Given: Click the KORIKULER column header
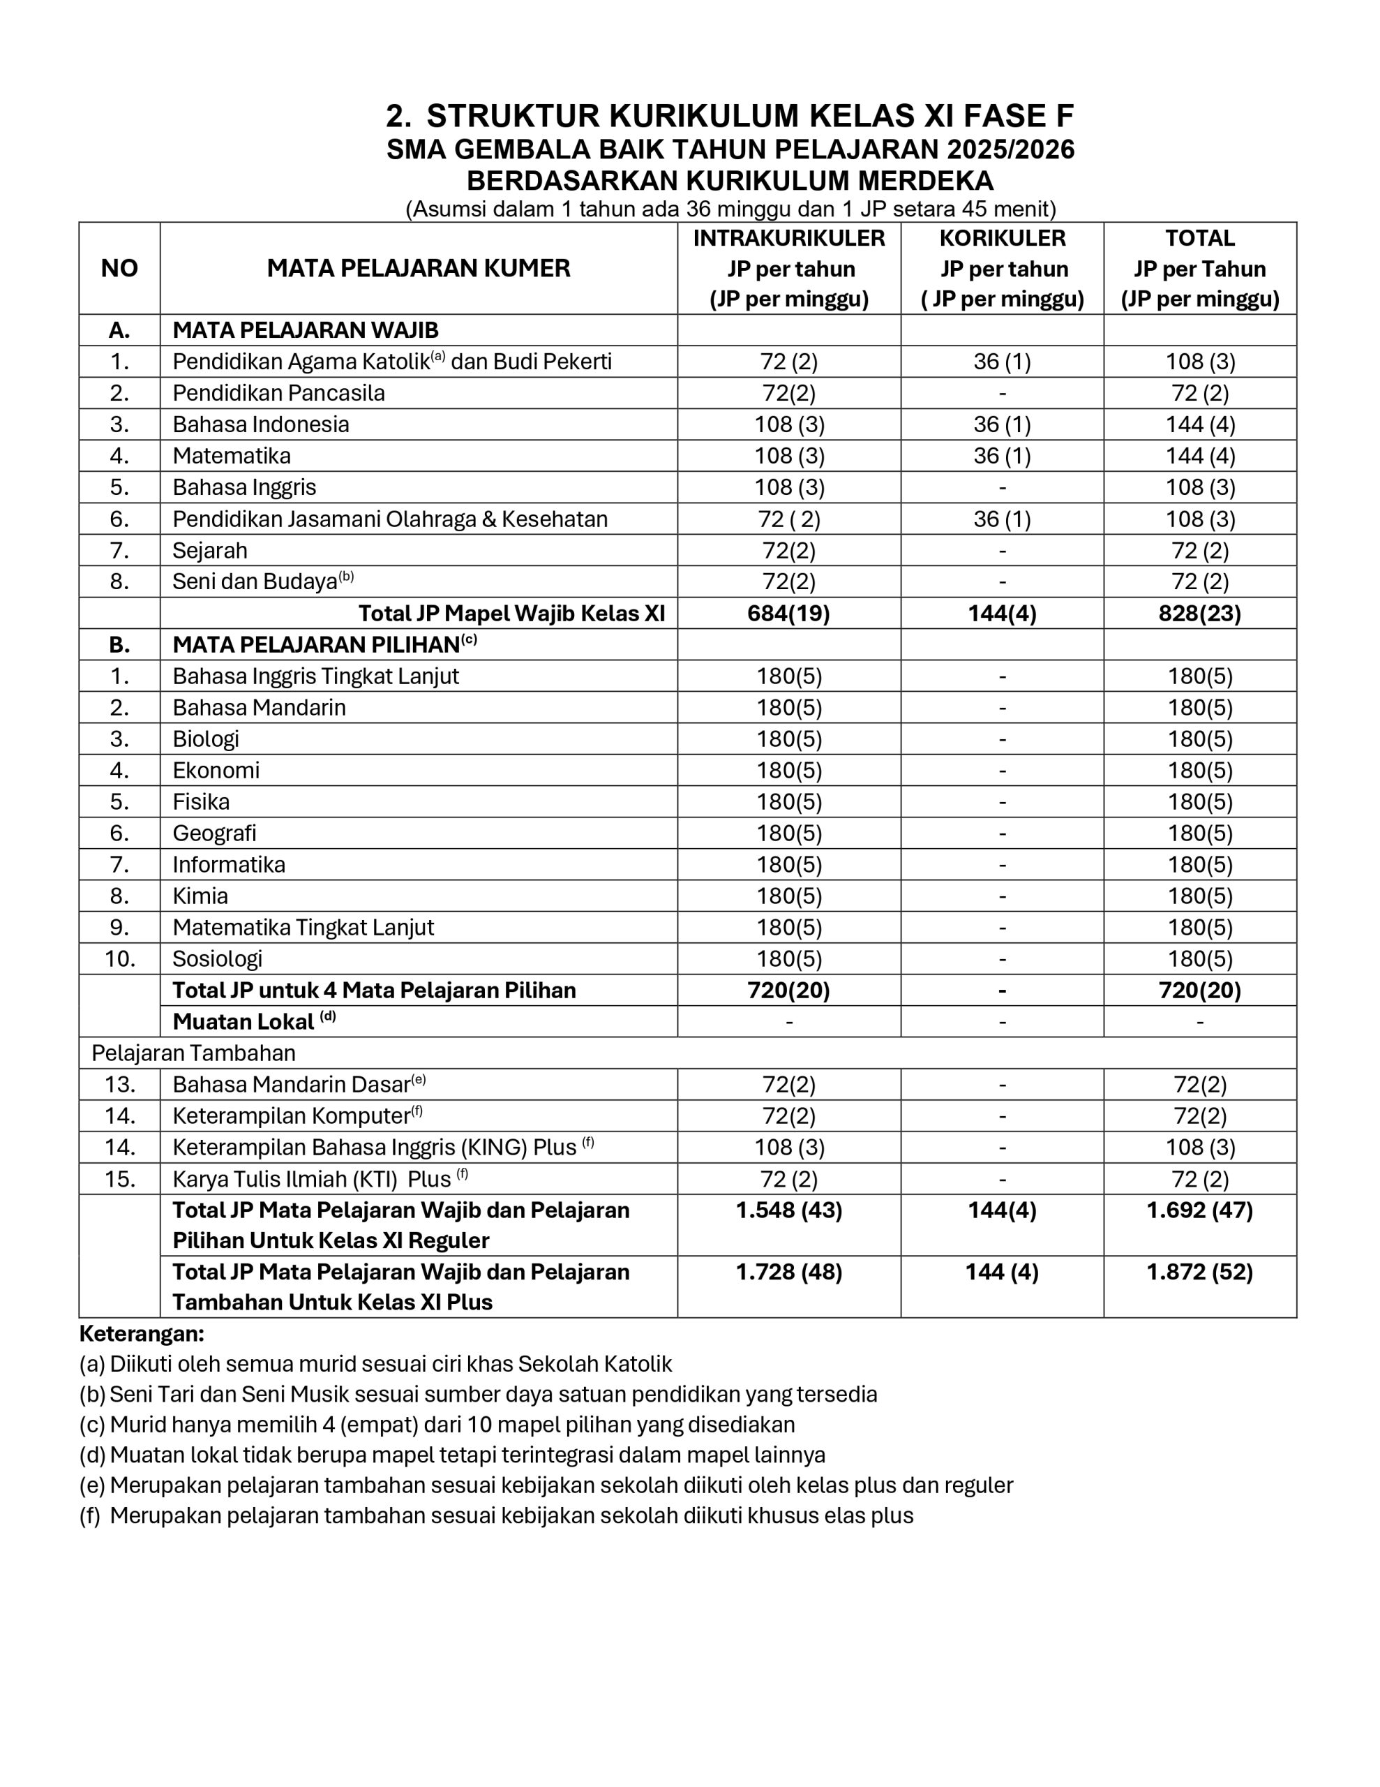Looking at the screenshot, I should (1001, 238).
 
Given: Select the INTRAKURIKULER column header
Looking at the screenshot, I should (788, 238).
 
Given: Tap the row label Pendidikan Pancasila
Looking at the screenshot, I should (278, 393).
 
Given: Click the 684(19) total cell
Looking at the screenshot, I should (788, 613).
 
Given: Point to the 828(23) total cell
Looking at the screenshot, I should (1199, 613).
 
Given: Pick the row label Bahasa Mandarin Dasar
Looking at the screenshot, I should (291, 1084).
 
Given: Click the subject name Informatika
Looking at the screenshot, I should (228, 864).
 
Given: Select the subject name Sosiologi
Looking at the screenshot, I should (217, 958).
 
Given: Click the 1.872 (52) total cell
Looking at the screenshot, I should (1199, 1273).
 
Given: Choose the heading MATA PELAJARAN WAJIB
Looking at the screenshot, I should (305, 329).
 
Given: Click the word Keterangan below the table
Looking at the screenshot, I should (141, 1335).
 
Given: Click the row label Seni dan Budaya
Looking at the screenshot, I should (255, 581).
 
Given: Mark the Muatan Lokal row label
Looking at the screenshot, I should (243, 1021).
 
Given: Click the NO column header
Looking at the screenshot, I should (119, 268).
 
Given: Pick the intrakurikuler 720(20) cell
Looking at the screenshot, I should (788, 990).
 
